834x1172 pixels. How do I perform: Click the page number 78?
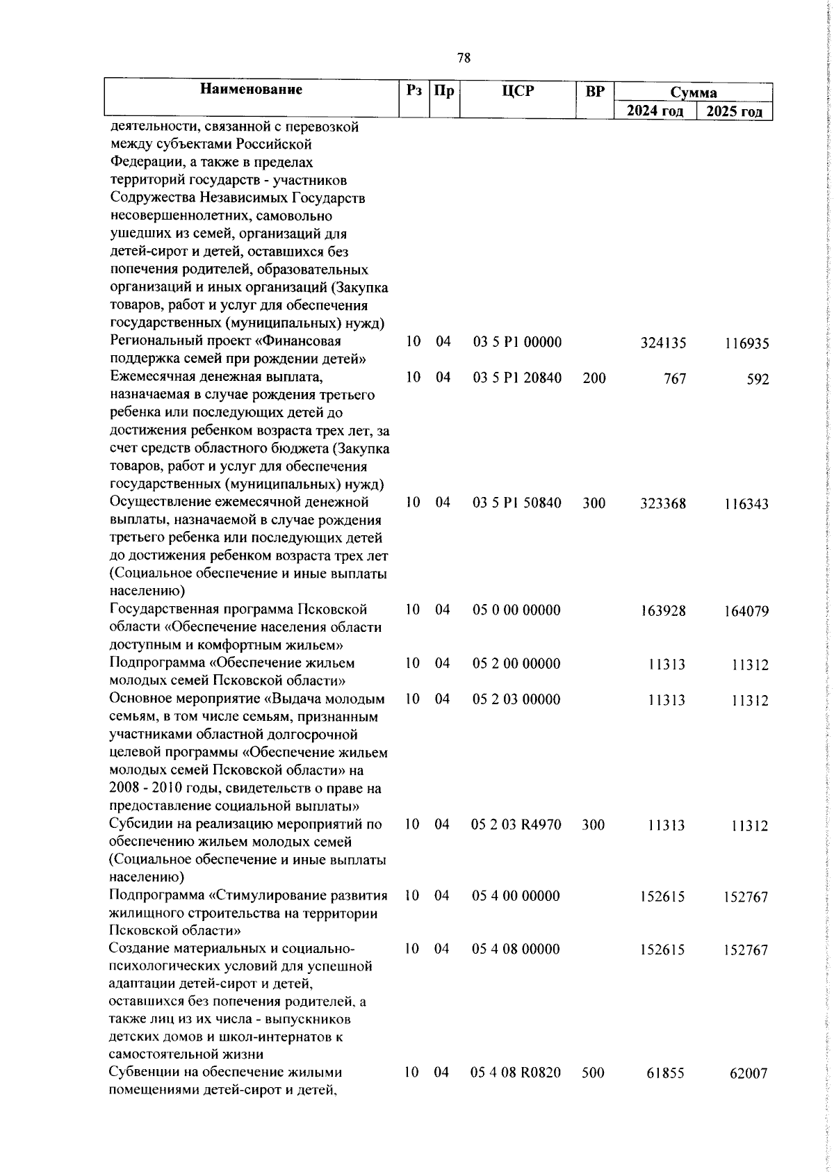click(464, 58)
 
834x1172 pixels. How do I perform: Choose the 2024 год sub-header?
click(655, 111)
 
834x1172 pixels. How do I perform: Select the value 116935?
click(745, 343)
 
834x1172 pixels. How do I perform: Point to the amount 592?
click(758, 380)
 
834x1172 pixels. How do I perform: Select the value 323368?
click(663, 503)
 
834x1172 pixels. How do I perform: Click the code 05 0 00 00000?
click(526, 610)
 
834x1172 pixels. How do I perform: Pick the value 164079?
click(745, 612)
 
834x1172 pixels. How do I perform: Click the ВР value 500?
click(594, 1092)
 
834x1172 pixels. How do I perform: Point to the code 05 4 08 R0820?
click(526, 1092)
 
